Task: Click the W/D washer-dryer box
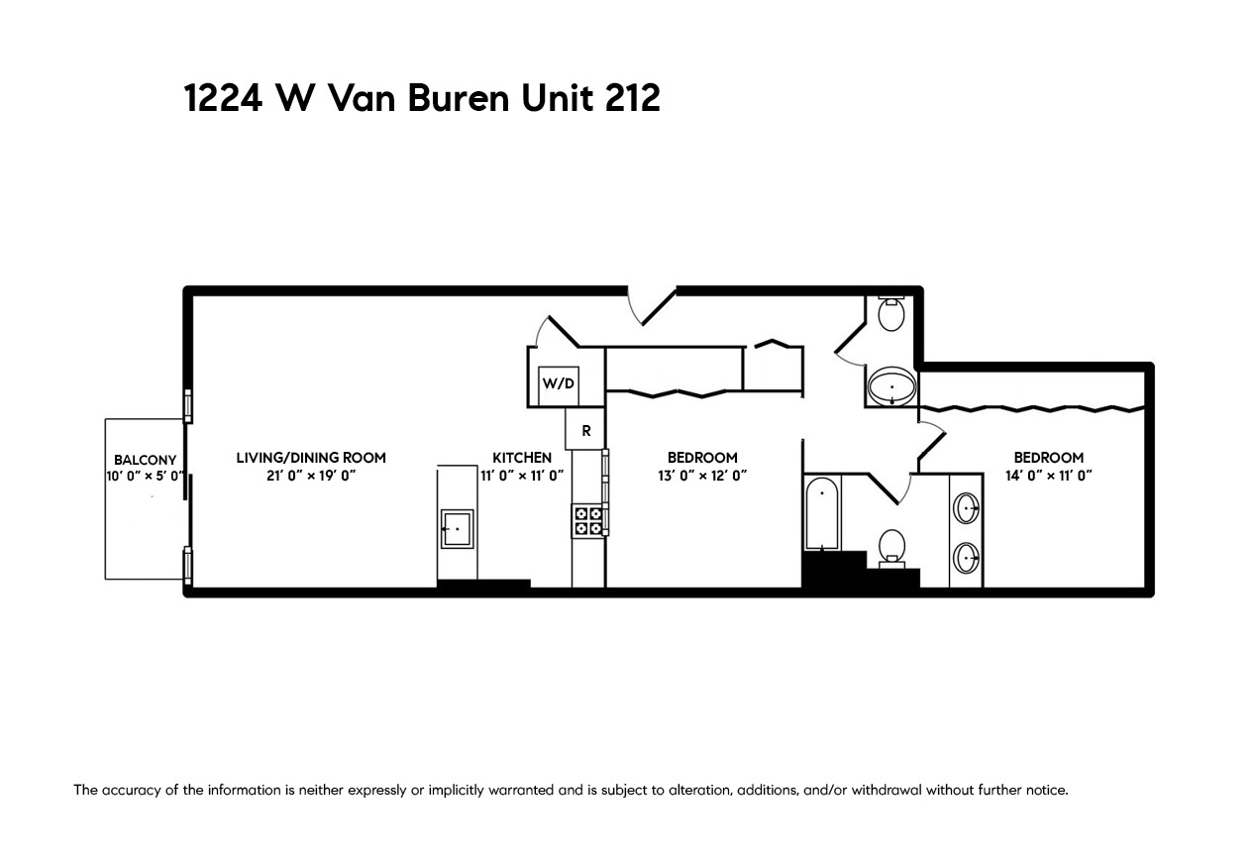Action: click(558, 384)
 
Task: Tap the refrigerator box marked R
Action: click(585, 431)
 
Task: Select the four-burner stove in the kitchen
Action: click(587, 521)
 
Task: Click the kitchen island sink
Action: click(457, 529)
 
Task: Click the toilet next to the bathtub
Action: click(891, 546)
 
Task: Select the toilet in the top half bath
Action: click(891, 313)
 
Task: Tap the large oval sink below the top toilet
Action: click(892, 387)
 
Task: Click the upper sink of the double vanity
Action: click(966, 509)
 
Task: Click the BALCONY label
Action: click(145, 460)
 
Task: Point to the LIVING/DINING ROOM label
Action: click(311, 458)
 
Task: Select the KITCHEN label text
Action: click(522, 458)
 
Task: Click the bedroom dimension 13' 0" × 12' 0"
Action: click(702, 476)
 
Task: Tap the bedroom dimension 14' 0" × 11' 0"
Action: click(1048, 476)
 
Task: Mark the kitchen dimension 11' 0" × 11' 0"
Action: click(522, 476)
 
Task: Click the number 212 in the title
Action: click(631, 99)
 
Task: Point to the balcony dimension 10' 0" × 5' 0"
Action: click(145, 477)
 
